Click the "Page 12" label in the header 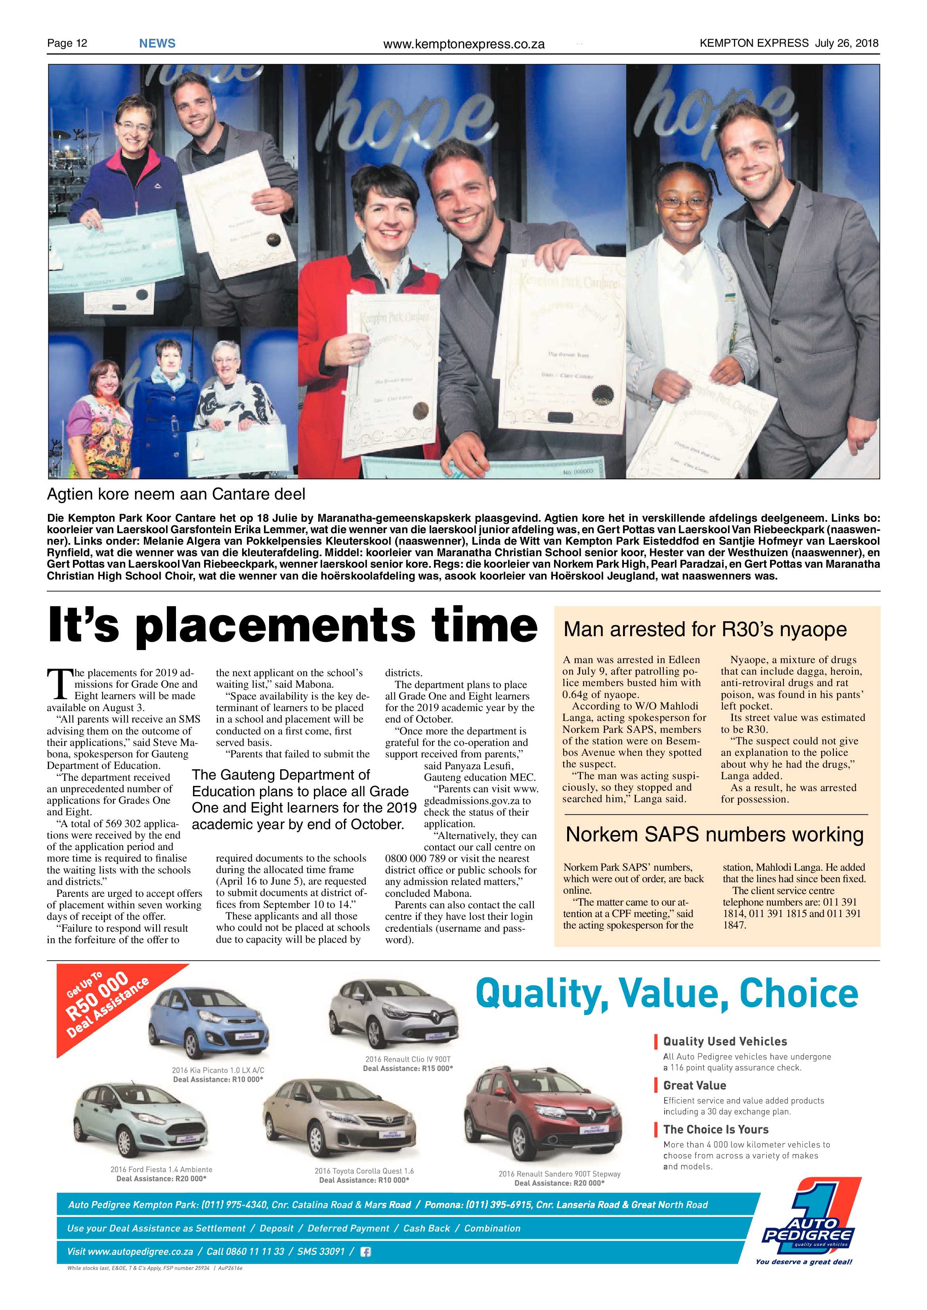[67, 43]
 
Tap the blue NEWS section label [157, 43]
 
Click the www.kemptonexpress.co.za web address [464, 44]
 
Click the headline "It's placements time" [292, 626]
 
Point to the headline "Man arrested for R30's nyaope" [705, 629]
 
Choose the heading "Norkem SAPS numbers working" [714, 834]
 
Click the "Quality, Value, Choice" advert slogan [667, 994]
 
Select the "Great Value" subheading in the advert [694, 1085]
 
